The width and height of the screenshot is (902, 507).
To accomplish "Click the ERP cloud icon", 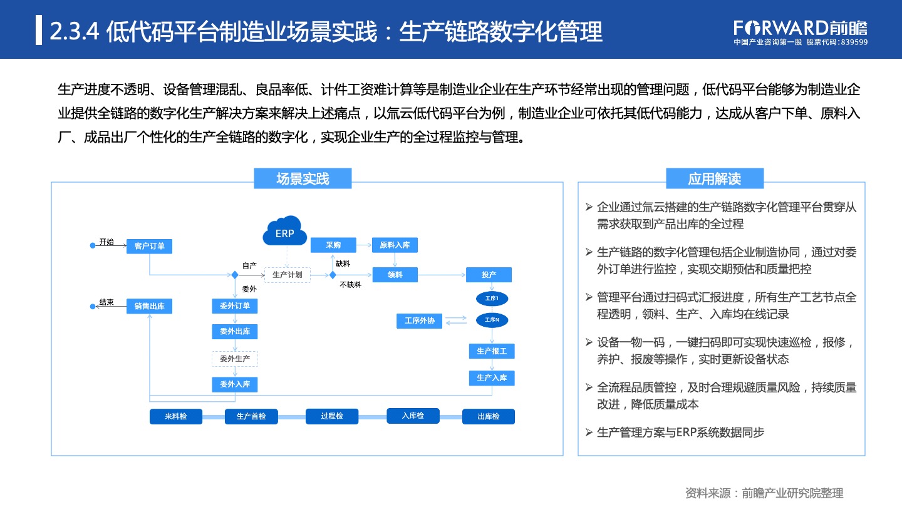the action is [x=284, y=231].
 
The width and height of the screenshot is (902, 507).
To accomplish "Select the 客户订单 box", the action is [x=149, y=246].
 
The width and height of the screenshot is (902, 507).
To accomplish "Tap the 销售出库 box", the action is [x=149, y=306].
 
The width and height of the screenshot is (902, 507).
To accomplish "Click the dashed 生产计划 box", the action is [x=287, y=275].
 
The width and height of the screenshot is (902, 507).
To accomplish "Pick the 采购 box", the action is [x=333, y=245].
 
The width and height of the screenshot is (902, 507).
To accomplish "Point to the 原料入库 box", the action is [x=395, y=245].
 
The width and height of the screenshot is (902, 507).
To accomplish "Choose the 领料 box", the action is [x=395, y=275].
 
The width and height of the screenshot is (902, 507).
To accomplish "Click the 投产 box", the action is [x=489, y=275].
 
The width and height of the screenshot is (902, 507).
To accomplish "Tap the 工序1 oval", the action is [x=492, y=299].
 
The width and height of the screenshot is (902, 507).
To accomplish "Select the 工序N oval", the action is [x=492, y=320].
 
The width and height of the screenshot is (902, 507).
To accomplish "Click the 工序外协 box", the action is [x=419, y=320].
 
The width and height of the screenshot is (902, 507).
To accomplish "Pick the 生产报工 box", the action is [x=492, y=351].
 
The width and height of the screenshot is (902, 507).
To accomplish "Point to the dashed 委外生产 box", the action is [x=235, y=359].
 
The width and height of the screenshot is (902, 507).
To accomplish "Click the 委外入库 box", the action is [x=235, y=384].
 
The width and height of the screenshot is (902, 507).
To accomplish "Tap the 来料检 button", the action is [x=176, y=416].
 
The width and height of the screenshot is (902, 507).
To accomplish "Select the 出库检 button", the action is [x=489, y=416].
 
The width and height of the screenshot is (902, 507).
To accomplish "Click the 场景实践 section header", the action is [x=303, y=178].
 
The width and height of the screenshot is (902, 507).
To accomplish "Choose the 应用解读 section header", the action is [x=715, y=178].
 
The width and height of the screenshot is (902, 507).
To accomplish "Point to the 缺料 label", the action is [x=343, y=264].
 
